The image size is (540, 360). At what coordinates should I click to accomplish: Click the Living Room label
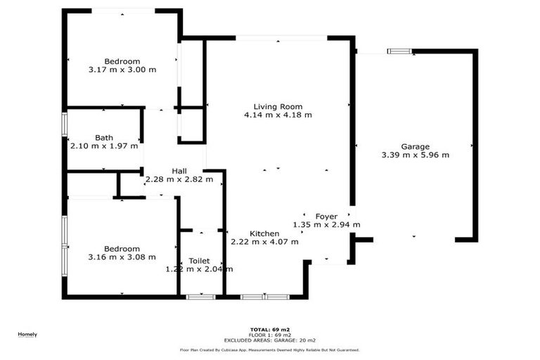click(x=278, y=107)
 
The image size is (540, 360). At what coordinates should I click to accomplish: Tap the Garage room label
click(x=415, y=147)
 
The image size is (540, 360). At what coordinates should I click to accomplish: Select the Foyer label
click(x=326, y=217)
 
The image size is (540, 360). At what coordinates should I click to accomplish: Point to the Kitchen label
click(x=264, y=233)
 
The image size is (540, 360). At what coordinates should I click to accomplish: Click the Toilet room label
click(x=199, y=261)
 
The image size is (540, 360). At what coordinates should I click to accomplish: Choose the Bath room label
click(x=104, y=138)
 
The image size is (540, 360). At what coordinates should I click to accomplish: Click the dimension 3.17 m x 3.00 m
click(x=122, y=70)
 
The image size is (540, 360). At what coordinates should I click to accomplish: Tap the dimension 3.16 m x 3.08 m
click(x=122, y=257)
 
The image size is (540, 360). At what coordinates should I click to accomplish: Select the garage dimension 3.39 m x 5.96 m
click(x=415, y=155)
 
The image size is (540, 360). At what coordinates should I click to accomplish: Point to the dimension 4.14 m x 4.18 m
click(x=278, y=115)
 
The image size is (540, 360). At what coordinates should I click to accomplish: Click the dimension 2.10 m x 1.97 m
click(x=104, y=146)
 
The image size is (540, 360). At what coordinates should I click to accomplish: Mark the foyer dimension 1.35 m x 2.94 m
click(x=326, y=225)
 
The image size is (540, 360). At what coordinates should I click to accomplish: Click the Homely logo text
click(x=27, y=334)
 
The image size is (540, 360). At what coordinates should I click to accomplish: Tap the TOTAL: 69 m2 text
click(x=269, y=329)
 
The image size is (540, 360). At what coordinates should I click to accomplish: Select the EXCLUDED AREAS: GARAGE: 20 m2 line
click(x=269, y=340)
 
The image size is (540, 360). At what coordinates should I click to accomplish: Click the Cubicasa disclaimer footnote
click(x=269, y=349)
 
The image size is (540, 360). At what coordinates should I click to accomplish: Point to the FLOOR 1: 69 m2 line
click(x=269, y=335)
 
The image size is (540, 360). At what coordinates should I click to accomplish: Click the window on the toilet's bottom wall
click(x=200, y=297)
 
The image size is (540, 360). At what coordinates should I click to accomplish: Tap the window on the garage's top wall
click(x=400, y=51)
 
